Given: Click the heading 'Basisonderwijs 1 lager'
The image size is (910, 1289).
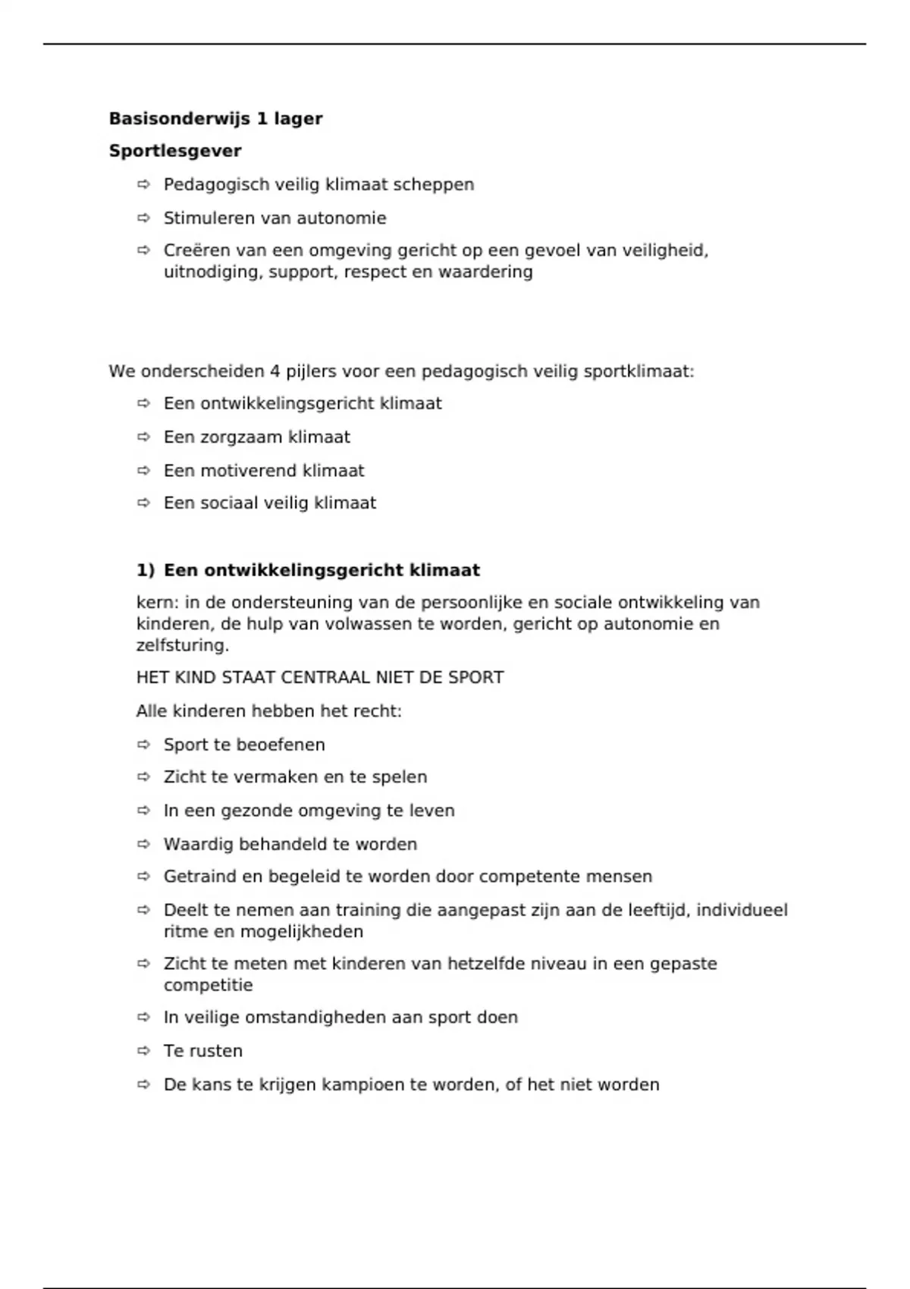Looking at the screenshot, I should pos(215,118).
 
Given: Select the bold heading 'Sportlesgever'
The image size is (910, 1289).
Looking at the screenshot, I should pos(175,151).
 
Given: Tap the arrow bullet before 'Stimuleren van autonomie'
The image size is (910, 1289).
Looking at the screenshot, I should pos(143,218).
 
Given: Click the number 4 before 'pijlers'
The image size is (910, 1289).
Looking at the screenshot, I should pos(275,372).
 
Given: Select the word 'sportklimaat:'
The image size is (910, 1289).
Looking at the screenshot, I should pos(639,372).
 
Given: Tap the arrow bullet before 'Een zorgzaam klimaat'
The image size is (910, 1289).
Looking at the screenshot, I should pos(143,437).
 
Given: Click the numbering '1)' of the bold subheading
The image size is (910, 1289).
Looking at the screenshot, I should pos(145,570).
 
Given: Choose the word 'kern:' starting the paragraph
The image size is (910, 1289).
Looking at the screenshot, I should pos(158,603).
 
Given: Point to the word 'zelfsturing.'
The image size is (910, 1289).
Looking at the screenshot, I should pos(182,646).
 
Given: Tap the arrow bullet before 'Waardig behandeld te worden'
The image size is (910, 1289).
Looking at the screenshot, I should pos(143,844).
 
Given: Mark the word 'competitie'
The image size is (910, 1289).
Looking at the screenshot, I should pos(208,986).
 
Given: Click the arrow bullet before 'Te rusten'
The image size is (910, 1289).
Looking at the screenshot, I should pos(143,1051).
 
